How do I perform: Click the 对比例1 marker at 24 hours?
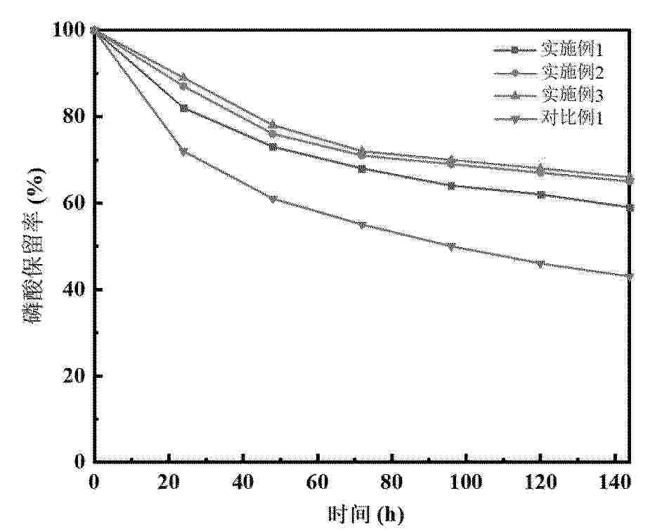tap(183, 152)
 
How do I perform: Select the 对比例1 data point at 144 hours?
tap(630, 276)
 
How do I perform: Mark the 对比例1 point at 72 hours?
tap(362, 225)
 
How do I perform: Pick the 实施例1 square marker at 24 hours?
tap(183, 108)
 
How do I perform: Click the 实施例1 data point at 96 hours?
tap(451, 185)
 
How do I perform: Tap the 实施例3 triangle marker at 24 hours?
tap(183, 77)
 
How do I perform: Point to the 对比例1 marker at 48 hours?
tap(273, 199)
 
